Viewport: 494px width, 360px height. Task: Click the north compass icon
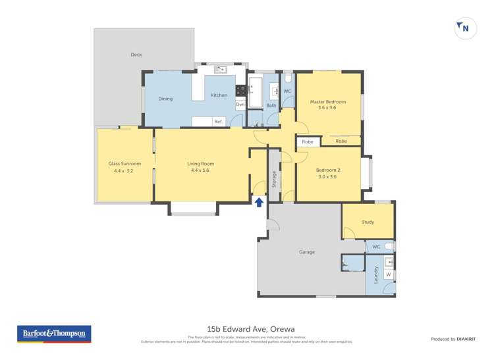(x=466, y=28)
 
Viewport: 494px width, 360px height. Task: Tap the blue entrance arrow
(x=259, y=202)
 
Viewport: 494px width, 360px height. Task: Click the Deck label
(x=136, y=55)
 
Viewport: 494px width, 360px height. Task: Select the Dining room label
(x=165, y=99)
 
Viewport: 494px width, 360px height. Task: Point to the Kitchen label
(x=219, y=95)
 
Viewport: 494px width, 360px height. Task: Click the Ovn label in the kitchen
(x=240, y=105)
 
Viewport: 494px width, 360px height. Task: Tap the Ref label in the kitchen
(x=217, y=122)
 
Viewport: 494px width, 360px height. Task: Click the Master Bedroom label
(x=327, y=102)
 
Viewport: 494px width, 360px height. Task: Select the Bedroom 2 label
(x=327, y=170)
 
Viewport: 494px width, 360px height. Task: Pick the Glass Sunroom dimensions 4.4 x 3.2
(x=123, y=171)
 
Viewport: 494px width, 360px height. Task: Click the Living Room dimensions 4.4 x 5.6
(x=200, y=171)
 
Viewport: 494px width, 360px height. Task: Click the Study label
(x=368, y=222)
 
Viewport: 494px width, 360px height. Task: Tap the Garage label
(x=306, y=252)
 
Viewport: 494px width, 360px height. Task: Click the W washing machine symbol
(x=388, y=274)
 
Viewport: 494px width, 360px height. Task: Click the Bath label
(x=271, y=105)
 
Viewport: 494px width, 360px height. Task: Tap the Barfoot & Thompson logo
(x=54, y=334)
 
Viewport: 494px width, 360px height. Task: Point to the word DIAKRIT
(x=466, y=339)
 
